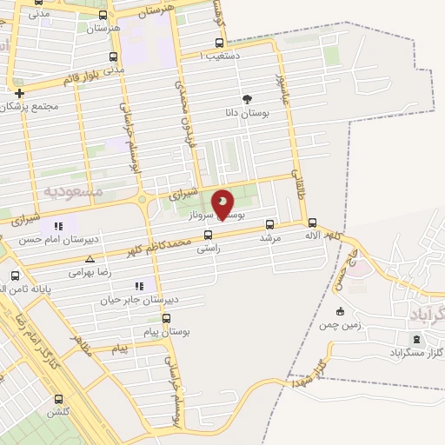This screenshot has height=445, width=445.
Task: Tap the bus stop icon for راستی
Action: coord(207,234)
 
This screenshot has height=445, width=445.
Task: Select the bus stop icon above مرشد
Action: coord(269,223)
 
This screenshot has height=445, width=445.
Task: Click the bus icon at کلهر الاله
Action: coord(312,222)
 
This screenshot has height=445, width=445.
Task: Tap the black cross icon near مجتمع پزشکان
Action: coord(18,92)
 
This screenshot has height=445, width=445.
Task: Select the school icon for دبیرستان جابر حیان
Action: coord(137,286)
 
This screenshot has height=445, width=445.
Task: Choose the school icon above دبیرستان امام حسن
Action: coord(59,226)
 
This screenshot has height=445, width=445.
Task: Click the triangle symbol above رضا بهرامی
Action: coord(90,259)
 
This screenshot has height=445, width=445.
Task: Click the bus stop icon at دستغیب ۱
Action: coord(218,43)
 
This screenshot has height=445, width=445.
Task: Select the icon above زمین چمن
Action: coord(340,311)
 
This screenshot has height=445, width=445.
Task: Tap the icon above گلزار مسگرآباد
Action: coord(415,338)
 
